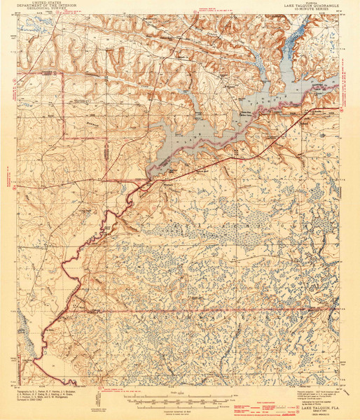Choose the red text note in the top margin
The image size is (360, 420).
pyautogui.click(x=210, y=10)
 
